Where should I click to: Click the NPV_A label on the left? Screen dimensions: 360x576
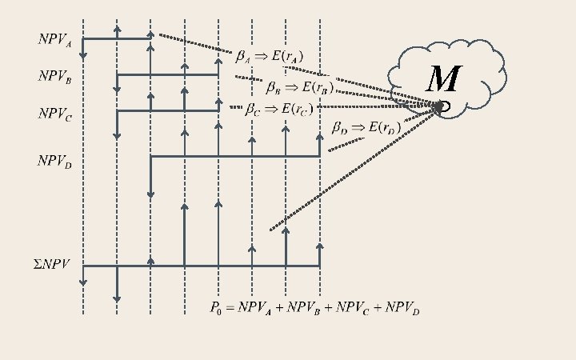pyautogui.click(x=55, y=40)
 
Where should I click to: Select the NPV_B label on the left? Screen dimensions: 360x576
pyautogui.click(x=55, y=77)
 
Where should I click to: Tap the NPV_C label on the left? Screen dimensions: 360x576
pyautogui.click(x=55, y=114)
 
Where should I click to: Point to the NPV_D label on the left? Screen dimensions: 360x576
pyautogui.click(x=55, y=162)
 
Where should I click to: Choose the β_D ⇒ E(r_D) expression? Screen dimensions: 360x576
pyautogui.click(x=366, y=127)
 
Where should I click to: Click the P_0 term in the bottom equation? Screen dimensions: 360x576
pyautogui.click(x=216, y=306)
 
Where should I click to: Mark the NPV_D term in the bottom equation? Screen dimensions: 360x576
pyautogui.click(x=405, y=307)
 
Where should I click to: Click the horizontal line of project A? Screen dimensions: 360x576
pyautogui.click(x=117, y=38)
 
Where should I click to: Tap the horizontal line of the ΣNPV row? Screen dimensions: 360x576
pyautogui.click(x=200, y=266)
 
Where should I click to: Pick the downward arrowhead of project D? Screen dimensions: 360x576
pyautogui.click(x=151, y=194)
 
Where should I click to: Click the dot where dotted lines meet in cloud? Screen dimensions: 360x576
pyautogui.click(x=439, y=106)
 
